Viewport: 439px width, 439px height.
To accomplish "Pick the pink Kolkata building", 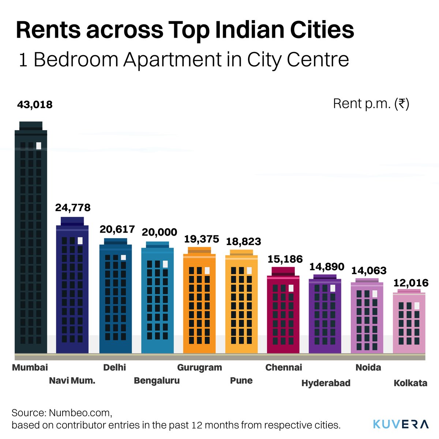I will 409,322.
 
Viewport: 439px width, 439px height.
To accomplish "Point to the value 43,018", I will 35,105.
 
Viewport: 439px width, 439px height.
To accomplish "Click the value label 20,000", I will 160,232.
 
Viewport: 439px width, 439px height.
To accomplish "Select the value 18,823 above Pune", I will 243,241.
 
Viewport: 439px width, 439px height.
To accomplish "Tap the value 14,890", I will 327,267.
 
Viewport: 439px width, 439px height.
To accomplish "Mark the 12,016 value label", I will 411,283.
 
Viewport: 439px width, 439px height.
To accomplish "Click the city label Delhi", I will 115,367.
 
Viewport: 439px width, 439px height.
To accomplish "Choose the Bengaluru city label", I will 157,380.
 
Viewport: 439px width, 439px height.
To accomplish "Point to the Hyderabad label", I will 326,383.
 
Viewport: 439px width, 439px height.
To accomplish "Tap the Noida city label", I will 368,367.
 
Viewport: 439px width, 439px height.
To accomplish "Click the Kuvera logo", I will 401,424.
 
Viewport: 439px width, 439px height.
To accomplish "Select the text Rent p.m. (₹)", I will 371,104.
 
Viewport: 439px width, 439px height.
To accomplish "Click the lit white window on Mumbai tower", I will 39,146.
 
